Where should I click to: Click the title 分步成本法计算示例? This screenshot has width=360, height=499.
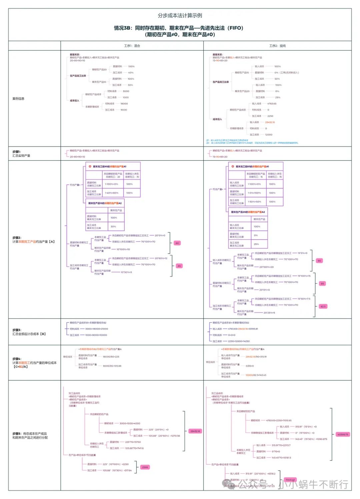180,16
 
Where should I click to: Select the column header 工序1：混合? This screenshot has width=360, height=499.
132,46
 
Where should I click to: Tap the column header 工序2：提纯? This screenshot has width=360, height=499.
277,46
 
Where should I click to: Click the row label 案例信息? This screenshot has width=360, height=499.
18,99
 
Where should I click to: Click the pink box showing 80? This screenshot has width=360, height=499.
177,243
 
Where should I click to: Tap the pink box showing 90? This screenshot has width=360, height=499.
319,261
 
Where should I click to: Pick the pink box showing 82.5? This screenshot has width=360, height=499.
323,306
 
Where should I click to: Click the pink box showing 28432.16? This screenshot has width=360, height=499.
195,431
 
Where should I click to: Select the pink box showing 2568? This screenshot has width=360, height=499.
145,467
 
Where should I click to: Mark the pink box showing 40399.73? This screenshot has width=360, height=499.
342,434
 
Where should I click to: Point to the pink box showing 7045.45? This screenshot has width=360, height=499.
290,480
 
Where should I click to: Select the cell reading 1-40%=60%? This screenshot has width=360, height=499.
112,193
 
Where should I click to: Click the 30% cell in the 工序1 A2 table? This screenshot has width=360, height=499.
113,227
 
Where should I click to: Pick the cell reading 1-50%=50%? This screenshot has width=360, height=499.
254,202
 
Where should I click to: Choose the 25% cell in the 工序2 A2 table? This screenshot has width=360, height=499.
256,244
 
